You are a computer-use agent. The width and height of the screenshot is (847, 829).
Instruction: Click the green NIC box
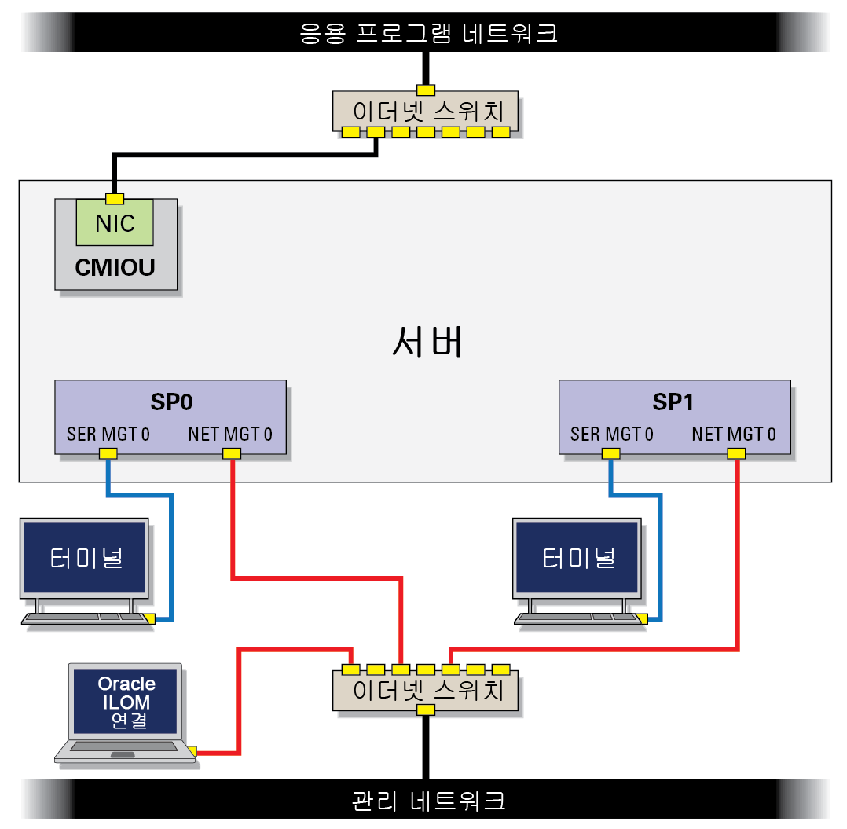[115, 222]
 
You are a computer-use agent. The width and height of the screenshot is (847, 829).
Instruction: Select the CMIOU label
[115, 267]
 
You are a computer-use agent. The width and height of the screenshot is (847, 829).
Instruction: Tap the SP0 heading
[171, 402]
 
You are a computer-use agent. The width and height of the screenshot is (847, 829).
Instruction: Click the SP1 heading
[673, 402]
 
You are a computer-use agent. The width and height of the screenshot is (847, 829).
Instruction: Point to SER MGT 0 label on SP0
[108, 435]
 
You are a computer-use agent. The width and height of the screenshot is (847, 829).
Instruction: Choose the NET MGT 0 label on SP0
[230, 435]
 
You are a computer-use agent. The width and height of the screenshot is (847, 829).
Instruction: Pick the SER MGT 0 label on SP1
[611, 435]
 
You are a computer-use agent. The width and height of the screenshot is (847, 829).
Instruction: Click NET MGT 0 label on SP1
[734, 435]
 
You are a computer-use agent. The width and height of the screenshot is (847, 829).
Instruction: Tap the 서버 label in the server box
[427, 341]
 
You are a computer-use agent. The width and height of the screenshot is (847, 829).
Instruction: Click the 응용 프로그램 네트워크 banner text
[428, 33]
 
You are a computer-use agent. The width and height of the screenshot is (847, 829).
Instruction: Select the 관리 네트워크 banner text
[428, 801]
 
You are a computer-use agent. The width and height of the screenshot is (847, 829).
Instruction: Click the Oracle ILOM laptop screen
[126, 702]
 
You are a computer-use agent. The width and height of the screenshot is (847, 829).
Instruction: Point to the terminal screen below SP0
[84, 557]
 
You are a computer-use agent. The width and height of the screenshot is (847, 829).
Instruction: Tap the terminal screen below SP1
[577, 557]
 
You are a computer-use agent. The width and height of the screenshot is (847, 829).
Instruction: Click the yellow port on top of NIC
[115, 199]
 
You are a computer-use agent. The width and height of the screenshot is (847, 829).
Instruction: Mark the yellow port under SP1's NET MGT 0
[736, 453]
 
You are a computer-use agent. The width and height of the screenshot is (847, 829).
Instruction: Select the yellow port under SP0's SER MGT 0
[108, 453]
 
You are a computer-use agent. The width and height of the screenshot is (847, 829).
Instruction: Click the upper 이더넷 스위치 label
[427, 112]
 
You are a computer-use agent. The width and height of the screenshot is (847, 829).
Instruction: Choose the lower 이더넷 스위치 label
[427, 691]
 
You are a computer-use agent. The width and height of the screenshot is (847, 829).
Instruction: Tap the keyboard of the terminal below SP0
[86, 618]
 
